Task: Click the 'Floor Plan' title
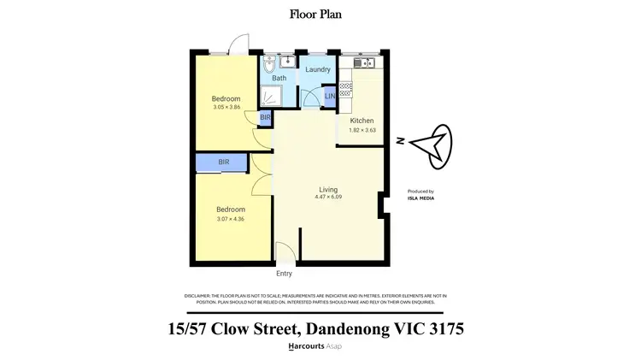coord(320,14)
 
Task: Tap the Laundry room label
coord(318,69)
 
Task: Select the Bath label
coord(279,79)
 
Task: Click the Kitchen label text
coord(362,121)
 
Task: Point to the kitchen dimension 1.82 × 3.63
coord(362,131)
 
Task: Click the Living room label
coord(328,189)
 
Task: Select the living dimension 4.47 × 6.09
coord(328,198)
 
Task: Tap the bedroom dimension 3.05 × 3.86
coord(226,108)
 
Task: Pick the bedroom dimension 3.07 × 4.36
coord(231,219)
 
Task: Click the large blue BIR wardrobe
coord(223,162)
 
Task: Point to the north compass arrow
coord(434,144)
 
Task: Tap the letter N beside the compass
coord(399,142)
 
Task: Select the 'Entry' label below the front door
coord(284,274)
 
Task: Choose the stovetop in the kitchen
coord(346,87)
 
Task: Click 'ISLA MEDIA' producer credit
coord(420,198)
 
